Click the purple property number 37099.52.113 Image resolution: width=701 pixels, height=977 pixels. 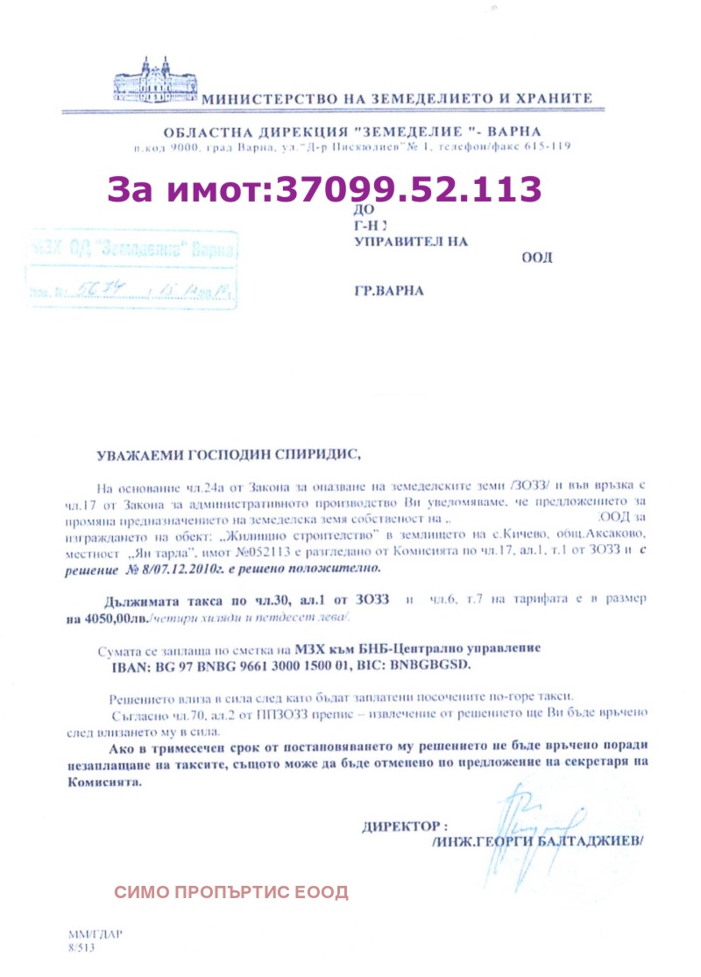click(x=408, y=189)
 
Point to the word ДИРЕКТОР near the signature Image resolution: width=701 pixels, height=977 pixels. click(x=404, y=825)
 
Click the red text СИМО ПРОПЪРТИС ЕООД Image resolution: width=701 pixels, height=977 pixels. click(x=231, y=893)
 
